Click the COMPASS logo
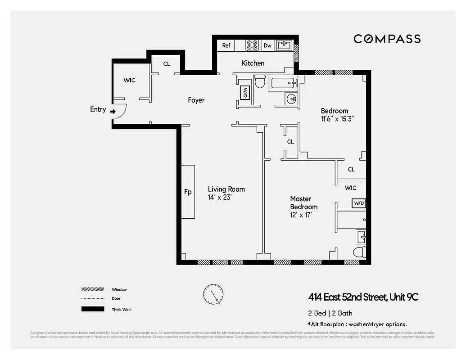click(x=387, y=39)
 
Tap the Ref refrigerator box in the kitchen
click(x=226, y=45)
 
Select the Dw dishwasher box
click(x=267, y=45)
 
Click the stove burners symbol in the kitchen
click(x=252, y=45)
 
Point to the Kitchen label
click(x=253, y=63)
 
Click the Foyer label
click(x=196, y=100)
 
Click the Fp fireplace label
click(x=188, y=192)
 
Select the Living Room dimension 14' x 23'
click(x=220, y=197)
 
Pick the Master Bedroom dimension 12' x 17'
click(x=300, y=215)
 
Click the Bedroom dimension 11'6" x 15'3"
click(x=337, y=119)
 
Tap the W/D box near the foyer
click(x=245, y=93)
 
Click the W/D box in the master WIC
click(x=359, y=203)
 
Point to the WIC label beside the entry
click(x=129, y=80)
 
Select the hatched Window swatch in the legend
click(x=90, y=289)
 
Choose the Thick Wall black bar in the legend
click(x=90, y=309)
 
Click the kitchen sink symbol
click(x=284, y=45)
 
